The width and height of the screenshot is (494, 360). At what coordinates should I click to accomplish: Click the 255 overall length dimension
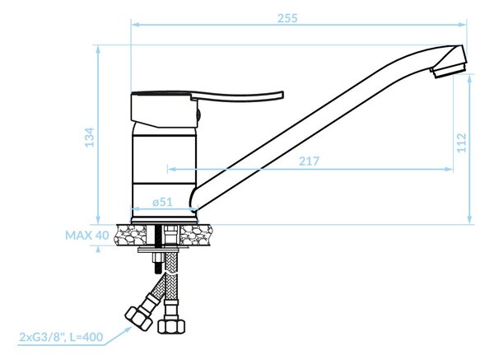tap(287, 18)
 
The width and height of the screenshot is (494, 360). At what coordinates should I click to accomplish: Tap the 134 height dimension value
tap(90, 137)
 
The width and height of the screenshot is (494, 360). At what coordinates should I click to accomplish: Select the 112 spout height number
tap(461, 143)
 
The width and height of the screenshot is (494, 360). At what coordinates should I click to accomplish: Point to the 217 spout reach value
tap(309, 161)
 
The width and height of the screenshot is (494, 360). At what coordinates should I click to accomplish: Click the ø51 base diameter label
tap(162, 202)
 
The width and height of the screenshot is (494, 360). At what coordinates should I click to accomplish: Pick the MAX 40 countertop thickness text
tap(87, 235)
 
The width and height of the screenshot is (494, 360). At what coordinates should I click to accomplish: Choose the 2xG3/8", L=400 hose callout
tap(61, 337)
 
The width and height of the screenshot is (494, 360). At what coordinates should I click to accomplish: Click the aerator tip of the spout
tap(450, 71)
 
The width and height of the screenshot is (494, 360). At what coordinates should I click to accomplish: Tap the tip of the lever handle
tap(282, 95)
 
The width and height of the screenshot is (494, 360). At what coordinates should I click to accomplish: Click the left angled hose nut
tap(138, 318)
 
